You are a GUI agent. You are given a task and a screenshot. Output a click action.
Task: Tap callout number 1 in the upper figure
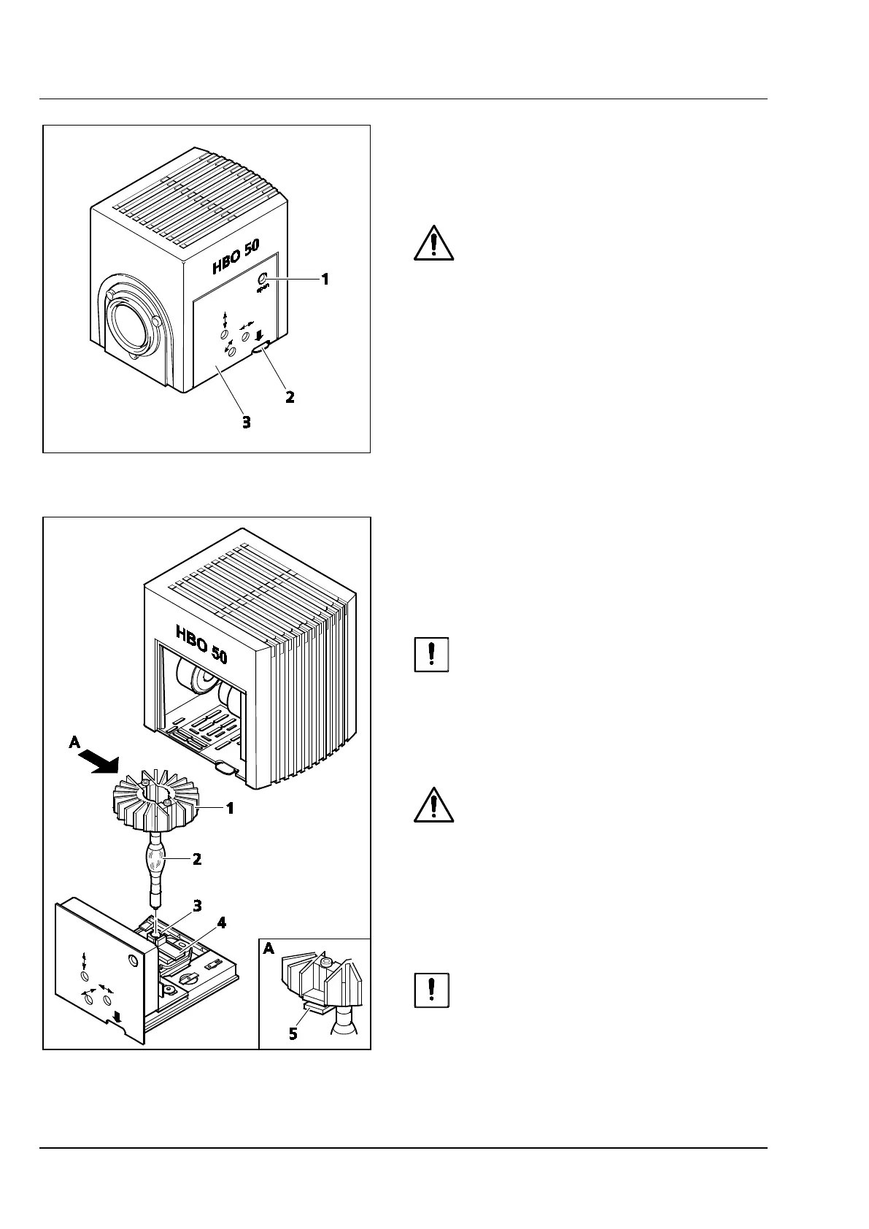325,279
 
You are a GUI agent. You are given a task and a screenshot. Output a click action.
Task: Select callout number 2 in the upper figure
290,398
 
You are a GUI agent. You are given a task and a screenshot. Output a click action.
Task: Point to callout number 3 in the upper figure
247,422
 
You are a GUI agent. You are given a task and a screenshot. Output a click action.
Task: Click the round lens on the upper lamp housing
131,323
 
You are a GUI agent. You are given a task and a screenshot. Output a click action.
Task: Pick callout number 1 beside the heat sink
229,809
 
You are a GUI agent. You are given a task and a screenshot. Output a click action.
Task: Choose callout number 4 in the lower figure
221,922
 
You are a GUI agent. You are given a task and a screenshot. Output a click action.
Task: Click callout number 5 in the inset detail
293,1034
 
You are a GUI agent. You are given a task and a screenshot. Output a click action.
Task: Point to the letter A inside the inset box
269,948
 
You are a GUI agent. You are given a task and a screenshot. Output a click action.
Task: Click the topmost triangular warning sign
433,243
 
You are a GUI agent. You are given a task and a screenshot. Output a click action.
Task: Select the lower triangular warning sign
433,805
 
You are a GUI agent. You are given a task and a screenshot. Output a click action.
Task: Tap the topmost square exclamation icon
431,655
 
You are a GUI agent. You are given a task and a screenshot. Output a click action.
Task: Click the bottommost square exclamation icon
431,990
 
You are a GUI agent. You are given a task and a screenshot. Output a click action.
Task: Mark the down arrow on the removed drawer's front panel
119,1017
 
